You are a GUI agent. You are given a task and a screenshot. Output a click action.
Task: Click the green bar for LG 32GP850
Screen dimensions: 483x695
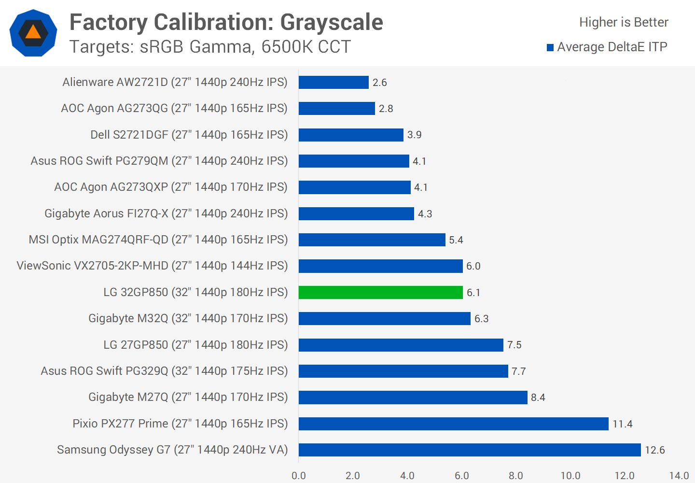tap(380, 292)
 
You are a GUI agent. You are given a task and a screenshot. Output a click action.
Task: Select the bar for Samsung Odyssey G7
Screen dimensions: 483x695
tap(470, 450)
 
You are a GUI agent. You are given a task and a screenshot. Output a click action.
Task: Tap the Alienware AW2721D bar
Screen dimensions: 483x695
tap(334, 82)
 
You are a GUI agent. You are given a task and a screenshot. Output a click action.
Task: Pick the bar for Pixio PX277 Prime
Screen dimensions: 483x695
tap(453, 424)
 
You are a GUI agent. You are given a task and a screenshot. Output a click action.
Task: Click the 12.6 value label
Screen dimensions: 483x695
tap(655, 450)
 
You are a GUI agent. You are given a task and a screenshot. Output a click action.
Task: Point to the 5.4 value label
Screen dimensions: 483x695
tap(456, 240)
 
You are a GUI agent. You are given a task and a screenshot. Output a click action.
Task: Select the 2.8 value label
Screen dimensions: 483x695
tap(386, 109)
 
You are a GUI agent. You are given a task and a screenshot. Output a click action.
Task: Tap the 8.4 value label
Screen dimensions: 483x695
tap(538, 398)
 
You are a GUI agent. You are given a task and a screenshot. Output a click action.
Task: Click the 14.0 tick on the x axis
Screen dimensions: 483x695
tap(679, 476)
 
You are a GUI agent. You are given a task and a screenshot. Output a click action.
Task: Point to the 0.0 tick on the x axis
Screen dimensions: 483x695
tap(299, 476)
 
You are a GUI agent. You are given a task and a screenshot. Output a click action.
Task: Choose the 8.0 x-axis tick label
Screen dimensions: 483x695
tap(516, 476)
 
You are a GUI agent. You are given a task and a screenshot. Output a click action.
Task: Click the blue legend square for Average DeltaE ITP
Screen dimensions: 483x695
tap(550, 47)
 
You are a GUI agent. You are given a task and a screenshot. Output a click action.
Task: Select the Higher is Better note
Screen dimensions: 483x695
tap(624, 22)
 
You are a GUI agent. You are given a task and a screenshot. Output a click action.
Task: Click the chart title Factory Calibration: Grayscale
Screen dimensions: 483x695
tap(226, 22)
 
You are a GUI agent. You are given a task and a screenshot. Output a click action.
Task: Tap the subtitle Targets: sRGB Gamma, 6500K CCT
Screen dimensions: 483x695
tap(210, 47)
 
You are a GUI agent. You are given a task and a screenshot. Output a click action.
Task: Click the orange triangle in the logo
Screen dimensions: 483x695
tap(33, 32)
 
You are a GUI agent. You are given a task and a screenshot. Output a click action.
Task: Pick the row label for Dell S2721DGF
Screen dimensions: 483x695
tap(189, 135)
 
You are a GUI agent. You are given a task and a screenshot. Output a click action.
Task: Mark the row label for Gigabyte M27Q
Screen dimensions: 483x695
tap(188, 397)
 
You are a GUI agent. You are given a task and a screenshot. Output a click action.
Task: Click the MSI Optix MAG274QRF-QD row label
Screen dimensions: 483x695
tap(158, 240)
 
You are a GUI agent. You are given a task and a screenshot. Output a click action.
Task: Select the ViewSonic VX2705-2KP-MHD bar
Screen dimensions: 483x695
tap(380, 266)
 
